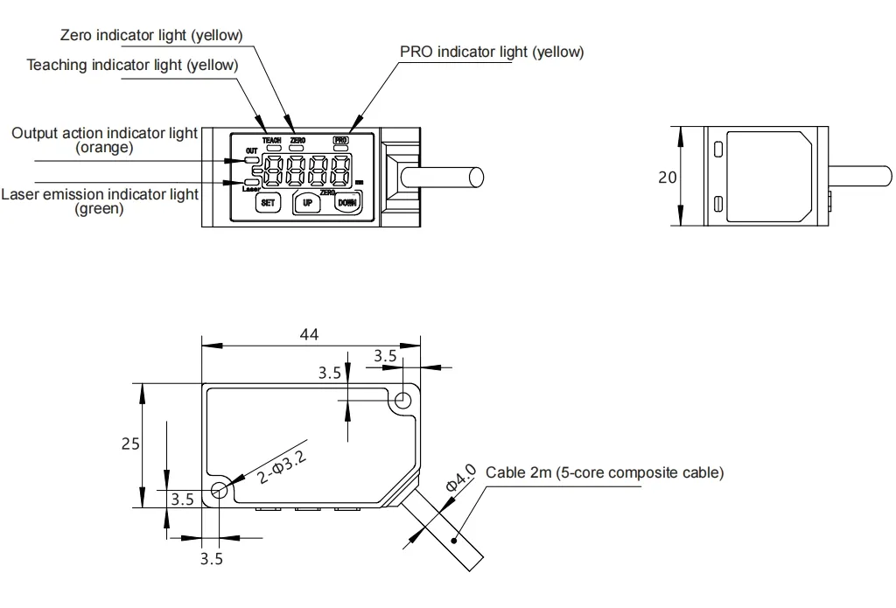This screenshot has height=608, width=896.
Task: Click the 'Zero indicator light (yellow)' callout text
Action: pyautogui.click(x=151, y=35)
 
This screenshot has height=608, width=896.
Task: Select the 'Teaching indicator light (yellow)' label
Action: pyautogui.click(x=132, y=65)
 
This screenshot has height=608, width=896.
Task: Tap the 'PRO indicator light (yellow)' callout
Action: pyautogui.click(x=492, y=52)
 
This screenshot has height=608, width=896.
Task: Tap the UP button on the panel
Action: pyautogui.click(x=307, y=203)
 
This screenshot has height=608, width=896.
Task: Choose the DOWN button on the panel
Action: pyautogui.click(x=347, y=203)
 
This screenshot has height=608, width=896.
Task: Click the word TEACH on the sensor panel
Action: pyautogui.click(x=271, y=140)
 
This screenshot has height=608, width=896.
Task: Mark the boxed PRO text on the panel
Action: pyautogui.click(x=340, y=140)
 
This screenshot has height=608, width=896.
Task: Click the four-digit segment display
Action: pyautogui.click(x=308, y=171)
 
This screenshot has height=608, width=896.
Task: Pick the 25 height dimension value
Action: pyautogui.click(x=129, y=444)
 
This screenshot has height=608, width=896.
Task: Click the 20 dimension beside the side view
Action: pyautogui.click(x=668, y=177)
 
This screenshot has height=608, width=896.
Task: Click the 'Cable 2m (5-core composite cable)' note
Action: pyautogui.click(x=605, y=473)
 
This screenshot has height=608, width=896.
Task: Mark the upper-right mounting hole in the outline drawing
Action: pyautogui.click(x=402, y=401)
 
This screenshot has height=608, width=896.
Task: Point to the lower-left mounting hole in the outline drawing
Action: pyautogui.click(x=219, y=492)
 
